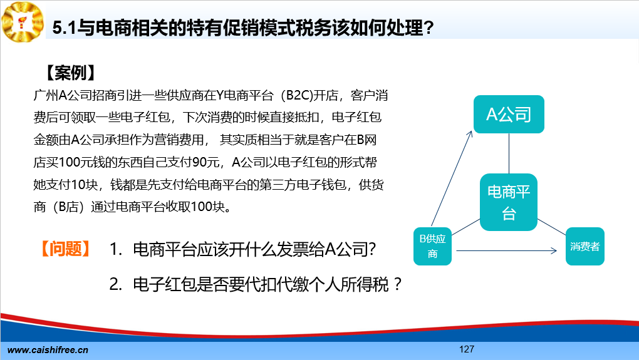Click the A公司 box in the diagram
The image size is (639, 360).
click(509, 114)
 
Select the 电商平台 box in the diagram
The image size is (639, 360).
click(509, 202)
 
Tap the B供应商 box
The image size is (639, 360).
click(432, 246)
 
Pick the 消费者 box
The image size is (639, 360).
click(584, 246)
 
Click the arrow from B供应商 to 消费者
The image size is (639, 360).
click(507, 250)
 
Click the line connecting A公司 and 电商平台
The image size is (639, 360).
click(509, 153)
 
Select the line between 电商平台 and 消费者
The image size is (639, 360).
click(552, 227)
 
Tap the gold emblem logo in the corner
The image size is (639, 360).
click(23, 21)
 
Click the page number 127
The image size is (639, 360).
click(467, 349)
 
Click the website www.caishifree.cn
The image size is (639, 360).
click(48, 350)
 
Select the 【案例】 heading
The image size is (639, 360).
click(70, 73)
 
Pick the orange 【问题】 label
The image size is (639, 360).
click(65, 249)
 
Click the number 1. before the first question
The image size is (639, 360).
click(116, 249)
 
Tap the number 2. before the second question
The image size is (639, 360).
click(116, 284)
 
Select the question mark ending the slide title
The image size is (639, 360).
click(429, 28)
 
